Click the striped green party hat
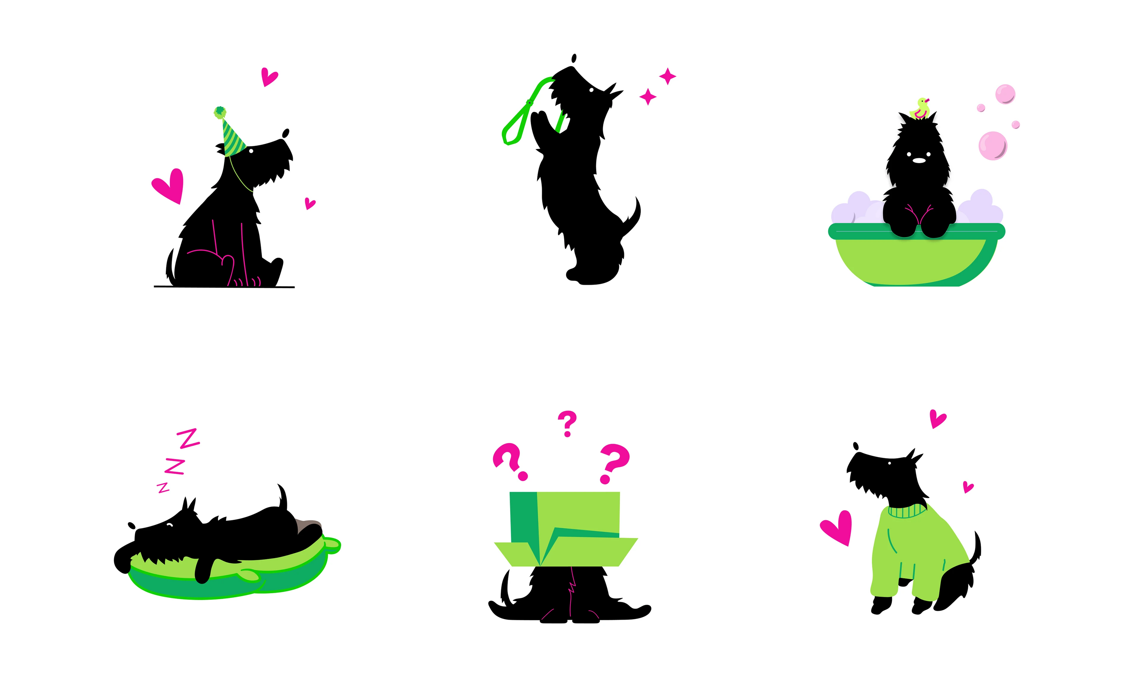point(232,136)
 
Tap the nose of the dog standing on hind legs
point(574,58)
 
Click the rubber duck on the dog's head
point(921,109)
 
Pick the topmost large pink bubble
point(1005,94)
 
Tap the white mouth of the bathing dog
point(919,161)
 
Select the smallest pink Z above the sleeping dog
point(163,488)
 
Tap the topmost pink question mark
point(567,424)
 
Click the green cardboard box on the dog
point(566,529)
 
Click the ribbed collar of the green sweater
point(907,510)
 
